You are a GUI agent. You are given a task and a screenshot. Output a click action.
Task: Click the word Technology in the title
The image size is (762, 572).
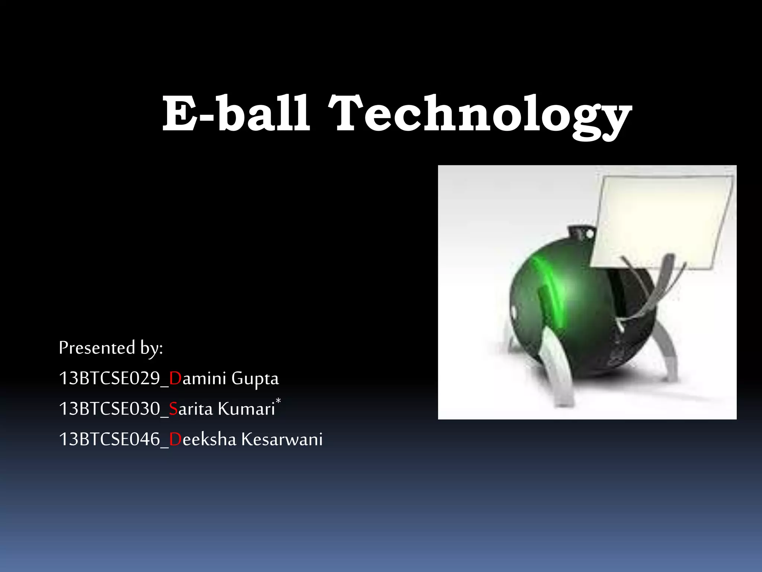(480, 115)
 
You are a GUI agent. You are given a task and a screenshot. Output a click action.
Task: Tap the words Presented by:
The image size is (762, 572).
(111, 348)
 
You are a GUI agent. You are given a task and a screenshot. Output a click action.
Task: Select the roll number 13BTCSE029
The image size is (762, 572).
(109, 379)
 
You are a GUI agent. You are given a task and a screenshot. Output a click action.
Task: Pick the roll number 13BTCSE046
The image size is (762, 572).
(109, 439)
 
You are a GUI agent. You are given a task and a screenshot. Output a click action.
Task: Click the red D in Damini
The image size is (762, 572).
(175, 379)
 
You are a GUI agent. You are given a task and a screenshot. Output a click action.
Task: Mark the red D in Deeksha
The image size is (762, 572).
(175, 439)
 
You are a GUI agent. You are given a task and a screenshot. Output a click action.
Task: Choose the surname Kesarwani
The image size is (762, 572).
(282, 439)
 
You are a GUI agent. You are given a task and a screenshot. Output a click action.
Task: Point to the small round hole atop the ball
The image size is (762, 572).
(589, 234)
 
